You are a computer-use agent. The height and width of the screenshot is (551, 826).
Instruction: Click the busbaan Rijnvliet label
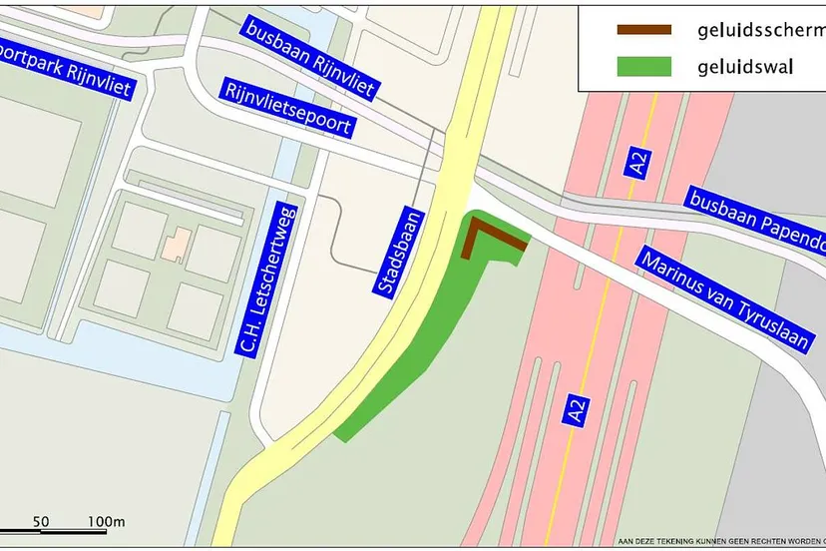pyautogui.click(x=308, y=60)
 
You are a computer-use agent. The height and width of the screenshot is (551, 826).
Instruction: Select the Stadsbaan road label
pyautogui.click(x=398, y=251)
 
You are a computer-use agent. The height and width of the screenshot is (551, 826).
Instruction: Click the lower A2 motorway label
pyautogui.click(x=574, y=411)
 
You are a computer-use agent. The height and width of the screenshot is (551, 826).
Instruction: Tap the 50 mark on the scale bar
pyautogui.click(x=41, y=521)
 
